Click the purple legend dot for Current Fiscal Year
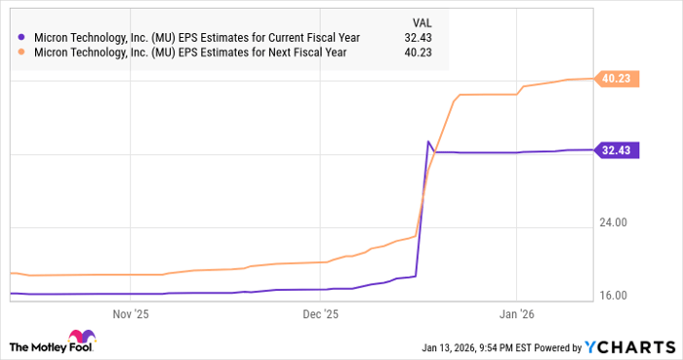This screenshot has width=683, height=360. [21, 38]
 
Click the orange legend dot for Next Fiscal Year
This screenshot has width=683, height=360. [21, 53]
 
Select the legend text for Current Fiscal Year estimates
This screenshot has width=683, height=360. [195, 38]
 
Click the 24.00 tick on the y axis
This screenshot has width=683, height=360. [618, 223]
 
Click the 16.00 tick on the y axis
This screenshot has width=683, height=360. [618, 296]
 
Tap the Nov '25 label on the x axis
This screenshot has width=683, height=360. [131, 314]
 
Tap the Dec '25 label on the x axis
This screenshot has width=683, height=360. [320, 314]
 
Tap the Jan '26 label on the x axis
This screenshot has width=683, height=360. [516, 314]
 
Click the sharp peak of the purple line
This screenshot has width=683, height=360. [428, 142]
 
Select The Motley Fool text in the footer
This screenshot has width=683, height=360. [63, 347]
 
